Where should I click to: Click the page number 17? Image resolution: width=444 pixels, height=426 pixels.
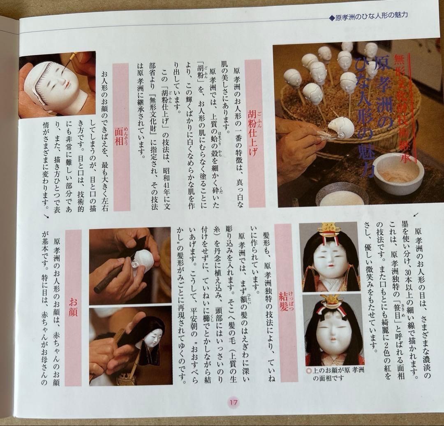tap(234, 403)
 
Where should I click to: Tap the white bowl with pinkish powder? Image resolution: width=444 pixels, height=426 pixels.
tap(398, 173)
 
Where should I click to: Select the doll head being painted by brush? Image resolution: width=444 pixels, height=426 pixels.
tap(340, 128)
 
